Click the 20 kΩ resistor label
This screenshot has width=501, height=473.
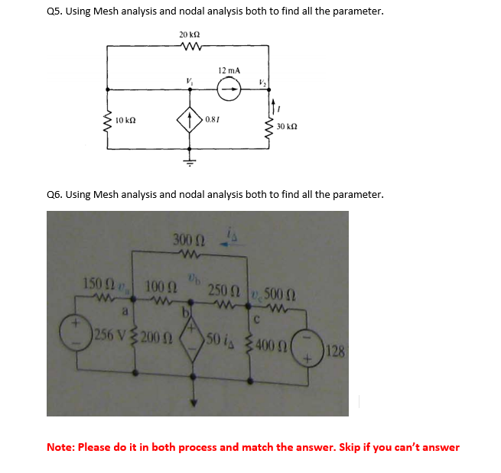pyautogui.click(x=189, y=35)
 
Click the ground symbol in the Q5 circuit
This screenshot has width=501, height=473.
pyautogui.click(x=189, y=161)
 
